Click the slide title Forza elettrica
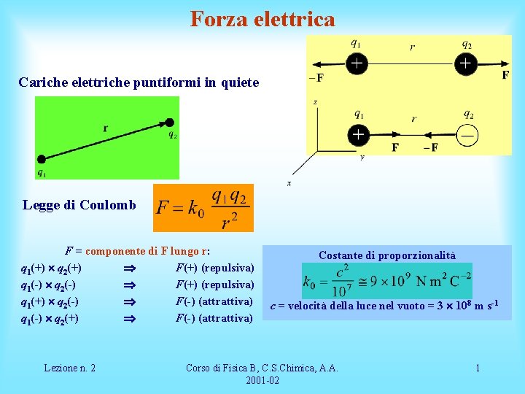pos(262,18)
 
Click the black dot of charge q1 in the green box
pos(42,159)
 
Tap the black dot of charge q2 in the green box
pos(170,122)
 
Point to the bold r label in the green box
pos(106,128)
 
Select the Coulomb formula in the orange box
pos(203,208)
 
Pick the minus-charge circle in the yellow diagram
pos(467,135)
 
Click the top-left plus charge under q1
pos(356,65)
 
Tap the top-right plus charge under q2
pos(466,65)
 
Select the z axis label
pos(315,102)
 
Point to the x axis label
pos(289,183)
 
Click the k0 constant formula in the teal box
pos(386,281)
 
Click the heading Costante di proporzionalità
pos(386,255)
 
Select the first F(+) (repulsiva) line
pos(214,268)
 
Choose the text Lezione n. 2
pos(70,368)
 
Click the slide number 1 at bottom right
pos(478,368)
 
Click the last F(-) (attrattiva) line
pos(214,318)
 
